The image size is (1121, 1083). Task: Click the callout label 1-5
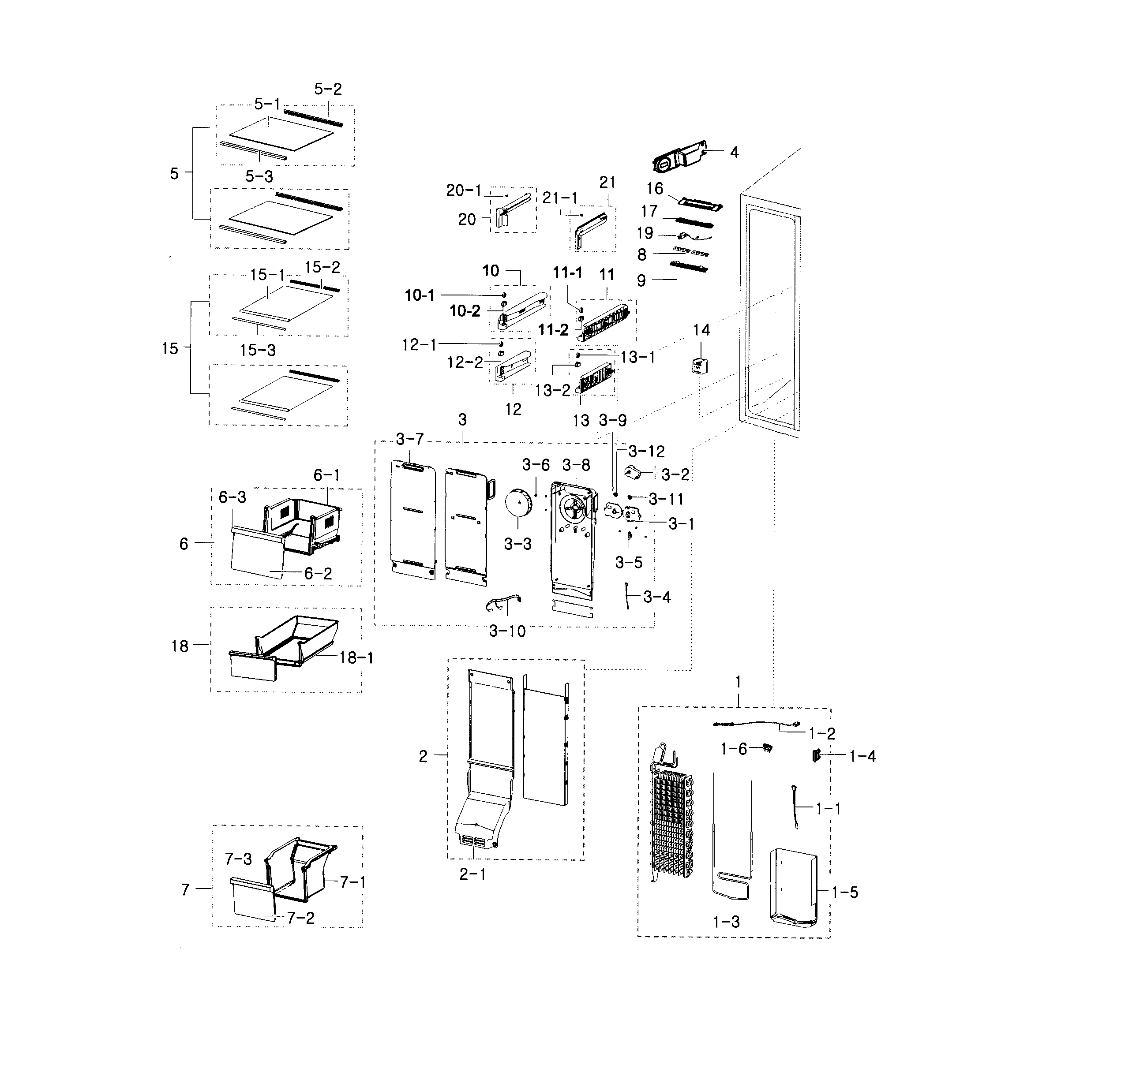845,892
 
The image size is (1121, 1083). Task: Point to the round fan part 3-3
518,503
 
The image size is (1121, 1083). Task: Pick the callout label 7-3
238,859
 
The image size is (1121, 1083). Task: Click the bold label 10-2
465,310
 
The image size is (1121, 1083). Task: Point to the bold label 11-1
567,273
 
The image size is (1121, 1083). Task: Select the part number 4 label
735,152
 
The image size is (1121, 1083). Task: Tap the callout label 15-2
322,267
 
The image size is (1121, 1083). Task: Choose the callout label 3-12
646,452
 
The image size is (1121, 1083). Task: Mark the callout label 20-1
464,190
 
